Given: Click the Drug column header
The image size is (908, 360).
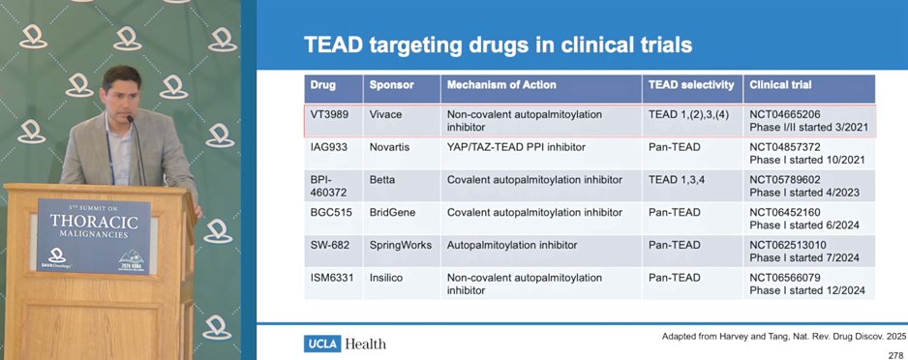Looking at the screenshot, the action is click(323, 85).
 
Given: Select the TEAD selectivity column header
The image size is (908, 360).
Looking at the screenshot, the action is click(691, 85).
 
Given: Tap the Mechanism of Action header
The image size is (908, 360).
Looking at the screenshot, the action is click(501, 85).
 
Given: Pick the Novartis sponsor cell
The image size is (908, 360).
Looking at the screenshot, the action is click(389, 148).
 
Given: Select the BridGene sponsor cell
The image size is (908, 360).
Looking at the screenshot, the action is click(393, 212).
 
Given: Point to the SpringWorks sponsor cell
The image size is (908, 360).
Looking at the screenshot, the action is click(401, 246).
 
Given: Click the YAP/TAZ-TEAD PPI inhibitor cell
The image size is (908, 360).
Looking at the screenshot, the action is click(516, 148).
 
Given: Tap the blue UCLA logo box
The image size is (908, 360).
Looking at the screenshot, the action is click(322, 344).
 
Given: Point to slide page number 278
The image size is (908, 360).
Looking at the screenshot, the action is click(895, 355).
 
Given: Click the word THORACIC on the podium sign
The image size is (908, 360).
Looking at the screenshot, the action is click(94, 222).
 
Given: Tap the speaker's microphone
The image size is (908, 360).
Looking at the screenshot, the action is click(136, 150).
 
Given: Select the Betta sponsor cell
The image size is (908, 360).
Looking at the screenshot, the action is click(382, 180).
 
